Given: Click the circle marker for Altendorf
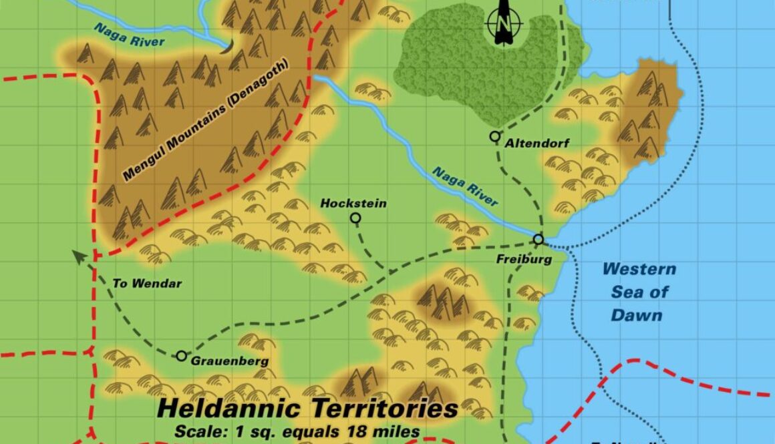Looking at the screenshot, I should [494, 136].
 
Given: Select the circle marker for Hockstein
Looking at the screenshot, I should [355, 218].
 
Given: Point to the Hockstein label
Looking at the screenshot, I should [353, 203].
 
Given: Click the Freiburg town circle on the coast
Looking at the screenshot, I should [538, 239].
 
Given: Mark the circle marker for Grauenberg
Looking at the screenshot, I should [181, 356].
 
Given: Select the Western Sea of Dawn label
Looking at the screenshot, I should [638, 292].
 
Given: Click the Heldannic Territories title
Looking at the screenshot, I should [307, 409].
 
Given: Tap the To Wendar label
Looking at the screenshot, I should [147, 283].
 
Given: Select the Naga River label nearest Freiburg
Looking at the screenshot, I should [465, 187].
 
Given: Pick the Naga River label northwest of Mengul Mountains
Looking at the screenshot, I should [129, 35].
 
